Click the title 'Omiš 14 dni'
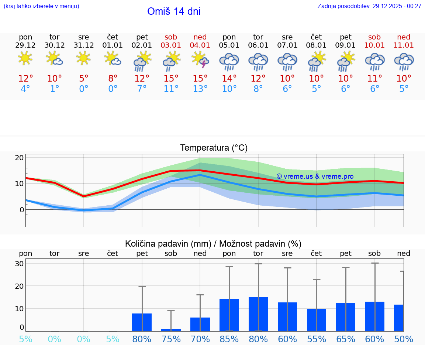[x=174, y=11]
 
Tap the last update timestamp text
[x=369, y=6]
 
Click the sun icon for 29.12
[x=25, y=58]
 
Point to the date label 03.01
[x=171, y=45]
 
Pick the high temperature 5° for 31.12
[x=84, y=78]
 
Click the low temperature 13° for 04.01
[x=200, y=89]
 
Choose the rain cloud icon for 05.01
[x=229, y=61]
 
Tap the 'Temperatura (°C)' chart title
[x=214, y=148]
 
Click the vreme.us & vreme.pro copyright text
[x=315, y=176]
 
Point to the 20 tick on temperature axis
[x=20, y=158]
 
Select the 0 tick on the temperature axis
[x=21, y=210]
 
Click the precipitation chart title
[x=213, y=244]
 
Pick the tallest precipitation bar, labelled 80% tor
[x=258, y=314]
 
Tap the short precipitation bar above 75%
[x=171, y=330]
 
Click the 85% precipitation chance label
[x=229, y=339]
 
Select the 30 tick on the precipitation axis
[x=20, y=264]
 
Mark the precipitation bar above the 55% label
[x=317, y=320]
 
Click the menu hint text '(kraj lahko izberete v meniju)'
[x=41, y=6]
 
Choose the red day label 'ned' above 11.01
[x=404, y=37]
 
